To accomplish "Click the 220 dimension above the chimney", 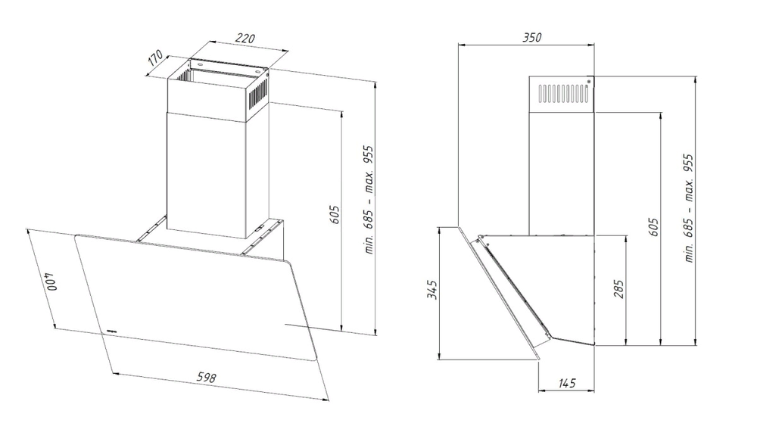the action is click(x=245, y=38).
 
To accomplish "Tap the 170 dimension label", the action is click(x=155, y=58).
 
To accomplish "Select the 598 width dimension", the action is click(x=206, y=377).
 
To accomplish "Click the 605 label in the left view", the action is click(x=335, y=214).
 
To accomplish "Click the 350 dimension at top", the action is click(x=532, y=37).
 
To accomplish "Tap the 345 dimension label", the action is click(x=432, y=289).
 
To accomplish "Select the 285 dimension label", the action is click(x=619, y=288).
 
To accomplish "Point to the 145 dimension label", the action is click(x=567, y=383).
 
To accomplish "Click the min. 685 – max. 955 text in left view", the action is click(x=369, y=200).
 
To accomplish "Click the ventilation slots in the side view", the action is click(x=563, y=94).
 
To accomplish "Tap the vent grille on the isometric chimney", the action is click(x=259, y=95).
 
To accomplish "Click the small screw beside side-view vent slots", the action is click(x=589, y=82).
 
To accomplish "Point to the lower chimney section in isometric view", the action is click(x=207, y=176).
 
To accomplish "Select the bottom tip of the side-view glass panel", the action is click(x=537, y=359).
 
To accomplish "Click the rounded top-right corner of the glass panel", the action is click(x=288, y=263).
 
